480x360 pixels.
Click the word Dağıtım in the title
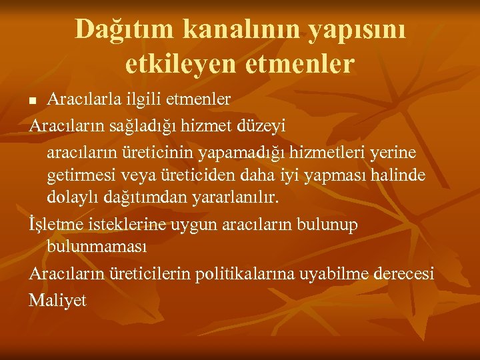click(114, 29)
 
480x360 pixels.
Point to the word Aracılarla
click(85, 99)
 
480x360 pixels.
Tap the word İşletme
click(57, 225)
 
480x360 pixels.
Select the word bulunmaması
click(97, 247)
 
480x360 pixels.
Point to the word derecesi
click(404, 274)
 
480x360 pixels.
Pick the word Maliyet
click(58, 301)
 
